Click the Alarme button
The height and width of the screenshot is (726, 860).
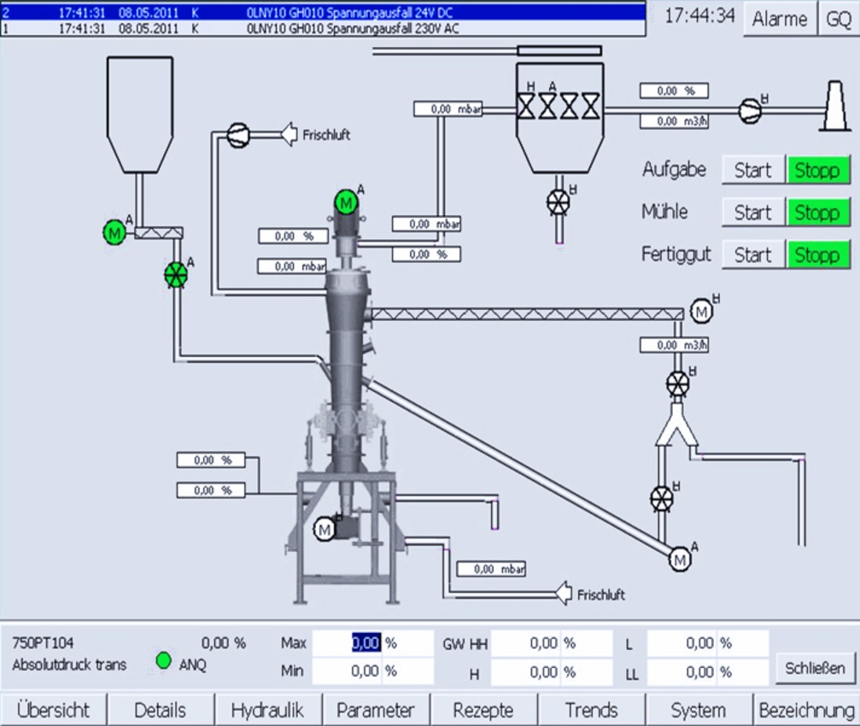pyautogui.click(x=780, y=19)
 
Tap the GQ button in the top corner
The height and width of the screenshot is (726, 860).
pyautogui.click(x=839, y=19)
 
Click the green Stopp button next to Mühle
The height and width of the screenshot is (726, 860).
pyautogui.click(x=818, y=212)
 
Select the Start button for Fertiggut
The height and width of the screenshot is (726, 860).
pyautogui.click(x=752, y=255)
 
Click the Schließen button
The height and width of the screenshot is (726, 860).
pyautogui.click(x=816, y=668)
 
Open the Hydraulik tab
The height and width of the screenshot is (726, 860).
pyautogui.click(x=267, y=710)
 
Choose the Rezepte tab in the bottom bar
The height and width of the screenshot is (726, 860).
pyautogui.click(x=483, y=710)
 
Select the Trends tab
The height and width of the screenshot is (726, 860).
pyautogui.click(x=591, y=710)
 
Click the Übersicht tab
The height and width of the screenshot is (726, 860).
pyautogui.click(x=54, y=710)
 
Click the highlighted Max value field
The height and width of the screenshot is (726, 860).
pyautogui.click(x=366, y=643)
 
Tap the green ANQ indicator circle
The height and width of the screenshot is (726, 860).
pyautogui.click(x=164, y=660)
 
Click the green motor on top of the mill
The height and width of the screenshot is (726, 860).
pyautogui.click(x=346, y=202)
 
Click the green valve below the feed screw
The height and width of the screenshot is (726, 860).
pyautogui.click(x=176, y=275)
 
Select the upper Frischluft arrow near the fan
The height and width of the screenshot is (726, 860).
pyautogui.click(x=293, y=134)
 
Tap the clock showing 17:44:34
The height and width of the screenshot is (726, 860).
pyautogui.click(x=699, y=16)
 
